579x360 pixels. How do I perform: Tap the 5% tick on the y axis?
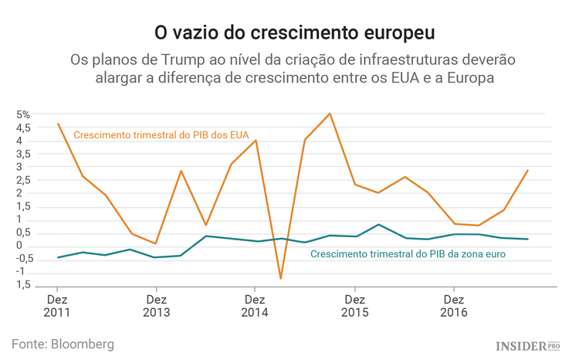[x=22, y=114]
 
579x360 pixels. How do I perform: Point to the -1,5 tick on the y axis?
[x=21, y=286]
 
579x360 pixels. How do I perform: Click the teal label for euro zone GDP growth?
[x=408, y=254]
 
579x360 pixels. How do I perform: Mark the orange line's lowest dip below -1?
[x=280, y=278]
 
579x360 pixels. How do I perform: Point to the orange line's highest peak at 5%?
[x=330, y=114]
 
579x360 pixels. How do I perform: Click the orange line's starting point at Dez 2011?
[x=58, y=124]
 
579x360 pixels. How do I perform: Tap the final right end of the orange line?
[x=528, y=170]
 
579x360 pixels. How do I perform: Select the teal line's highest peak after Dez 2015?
[x=379, y=225]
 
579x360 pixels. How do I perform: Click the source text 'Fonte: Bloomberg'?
[x=63, y=343]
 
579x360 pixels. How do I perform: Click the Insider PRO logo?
[x=527, y=345]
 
